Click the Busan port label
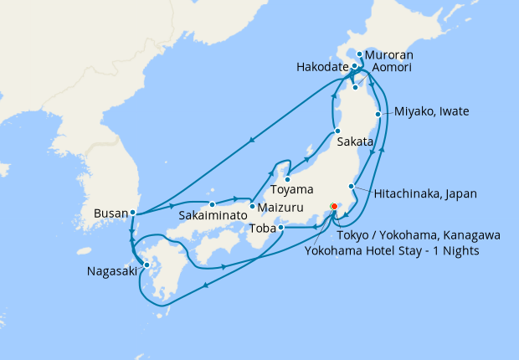coord(110,213)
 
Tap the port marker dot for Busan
coord(133,213)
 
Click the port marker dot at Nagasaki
coord(147,265)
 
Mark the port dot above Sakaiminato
coord(213,203)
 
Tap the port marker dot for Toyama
coord(287,179)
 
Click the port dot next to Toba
coord(281,227)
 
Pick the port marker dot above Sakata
coord(336,131)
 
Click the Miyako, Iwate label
coord(432,111)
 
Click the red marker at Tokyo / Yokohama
coord(333,207)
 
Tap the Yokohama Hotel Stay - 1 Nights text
coord(393,250)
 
